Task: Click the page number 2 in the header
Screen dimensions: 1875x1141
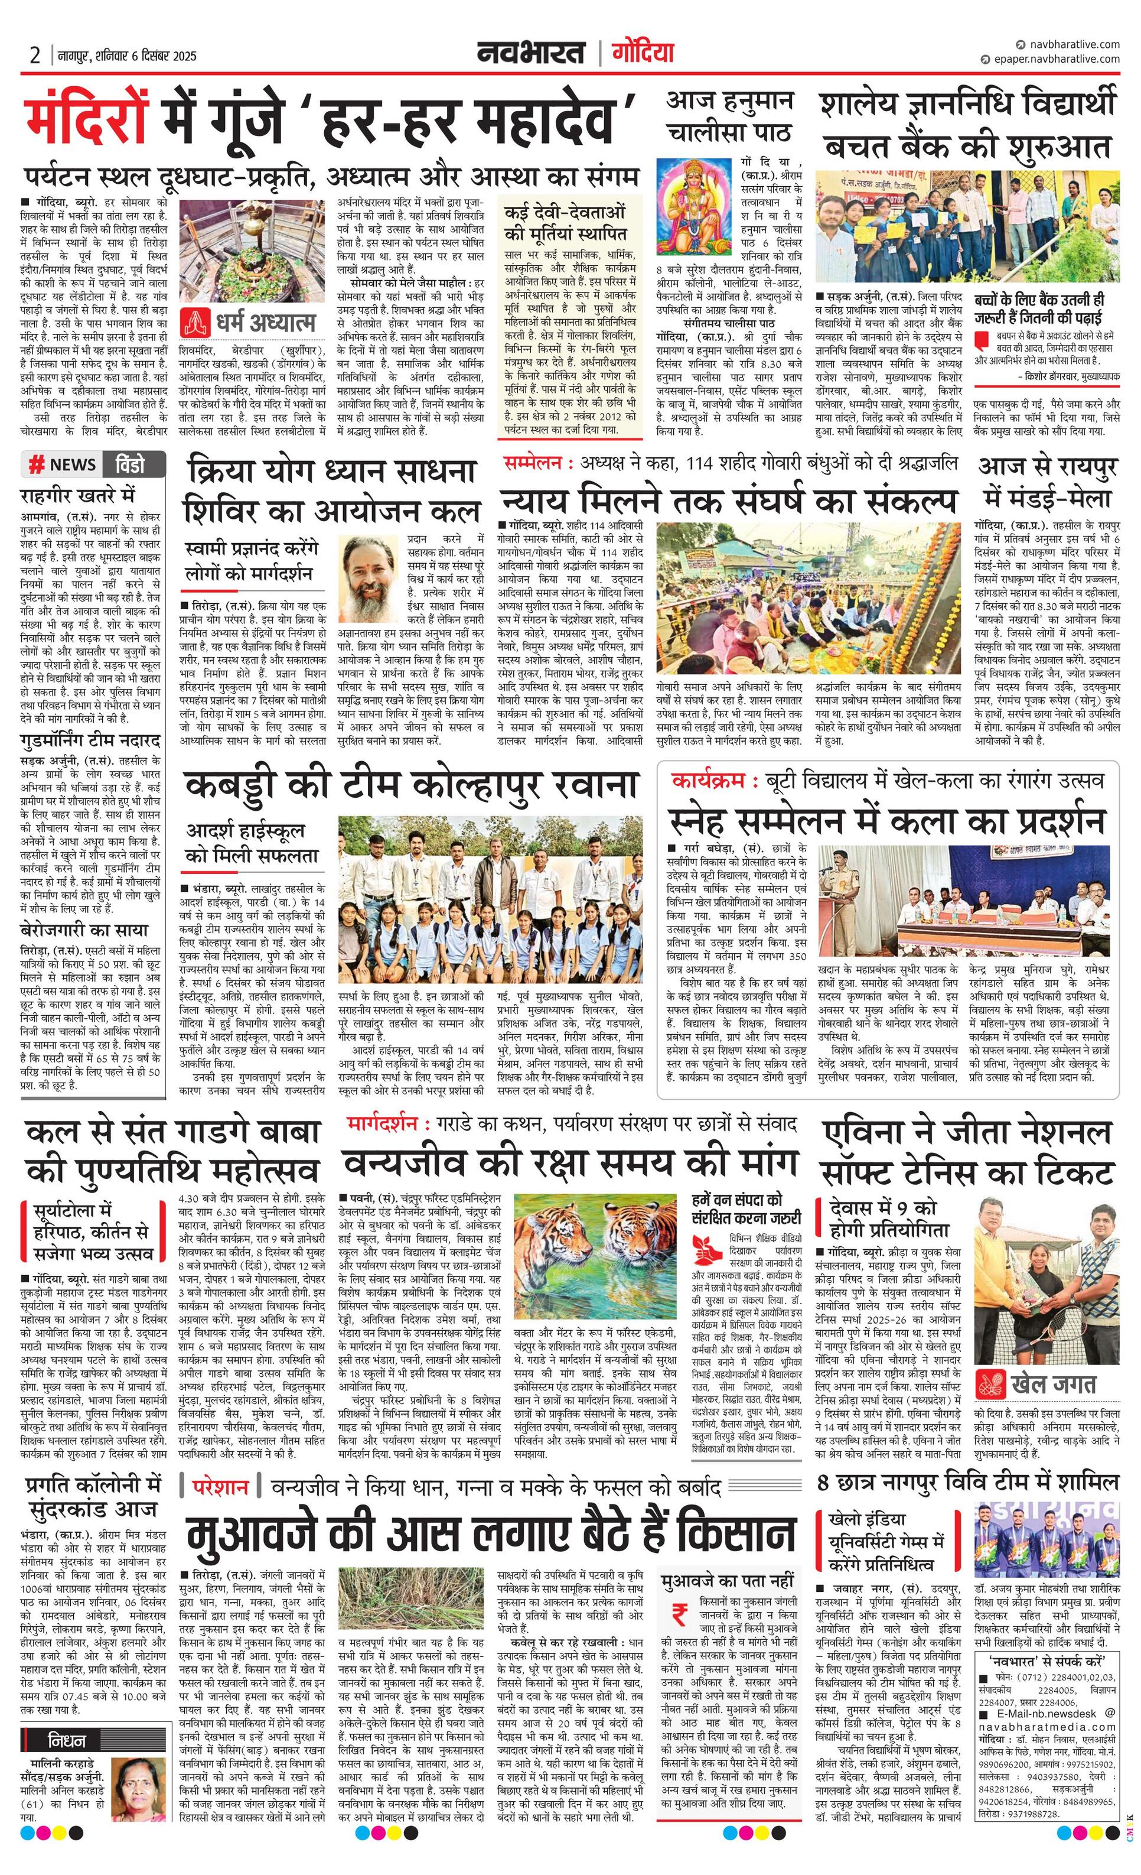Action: [x=34, y=56]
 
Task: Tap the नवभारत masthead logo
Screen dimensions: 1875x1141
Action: [x=531, y=53]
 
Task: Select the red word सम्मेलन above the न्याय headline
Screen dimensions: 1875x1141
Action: [x=533, y=463]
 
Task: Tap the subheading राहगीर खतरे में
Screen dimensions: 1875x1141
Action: [x=77, y=495]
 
